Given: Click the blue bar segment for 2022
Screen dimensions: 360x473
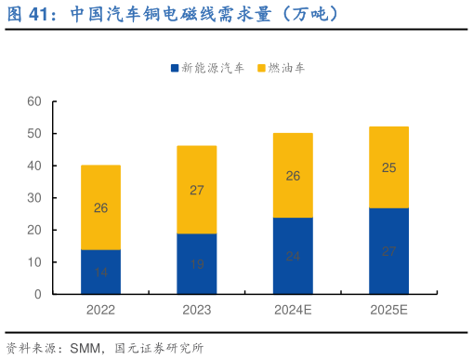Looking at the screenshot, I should pyautogui.click(x=100, y=272).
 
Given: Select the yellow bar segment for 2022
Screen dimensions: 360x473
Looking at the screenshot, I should pyautogui.click(x=100, y=207).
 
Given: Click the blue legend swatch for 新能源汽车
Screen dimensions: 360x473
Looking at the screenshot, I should pyautogui.click(x=174, y=68).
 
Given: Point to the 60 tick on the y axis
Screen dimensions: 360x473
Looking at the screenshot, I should pyautogui.click(x=34, y=100).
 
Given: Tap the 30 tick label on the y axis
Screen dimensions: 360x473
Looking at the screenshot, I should pyautogui.click(x=34, y=197).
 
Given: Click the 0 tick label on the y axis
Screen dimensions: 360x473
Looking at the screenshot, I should pyautogui.click(x=38, y=294).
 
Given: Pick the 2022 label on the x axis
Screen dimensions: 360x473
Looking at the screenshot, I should pyautogui.click(x=100, y=311).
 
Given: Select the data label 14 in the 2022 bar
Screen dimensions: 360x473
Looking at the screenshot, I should pyautogui.click(x=100, y=273).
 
